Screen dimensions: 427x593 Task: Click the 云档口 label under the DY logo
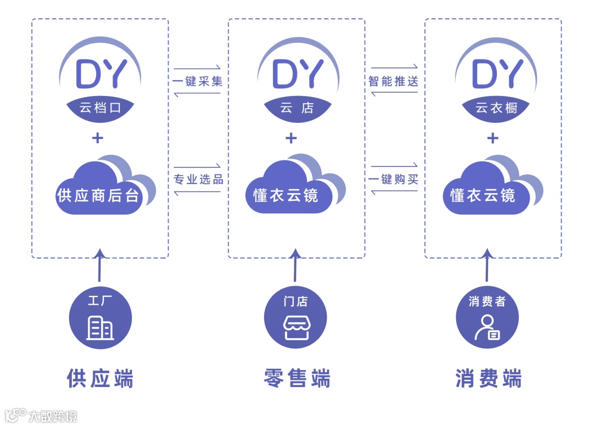click(99, 108)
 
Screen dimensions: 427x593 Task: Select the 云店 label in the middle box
click(296, 108)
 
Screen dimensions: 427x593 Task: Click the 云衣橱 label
click(493, 108)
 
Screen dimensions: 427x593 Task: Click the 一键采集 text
click(198, 81)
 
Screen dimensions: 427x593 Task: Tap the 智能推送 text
click(394, 81)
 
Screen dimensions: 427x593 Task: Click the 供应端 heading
click(100, 378)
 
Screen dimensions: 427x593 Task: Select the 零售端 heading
click(297, 378)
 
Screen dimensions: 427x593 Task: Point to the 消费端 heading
click(488, 378)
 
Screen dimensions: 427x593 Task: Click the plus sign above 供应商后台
click(98, 138)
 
